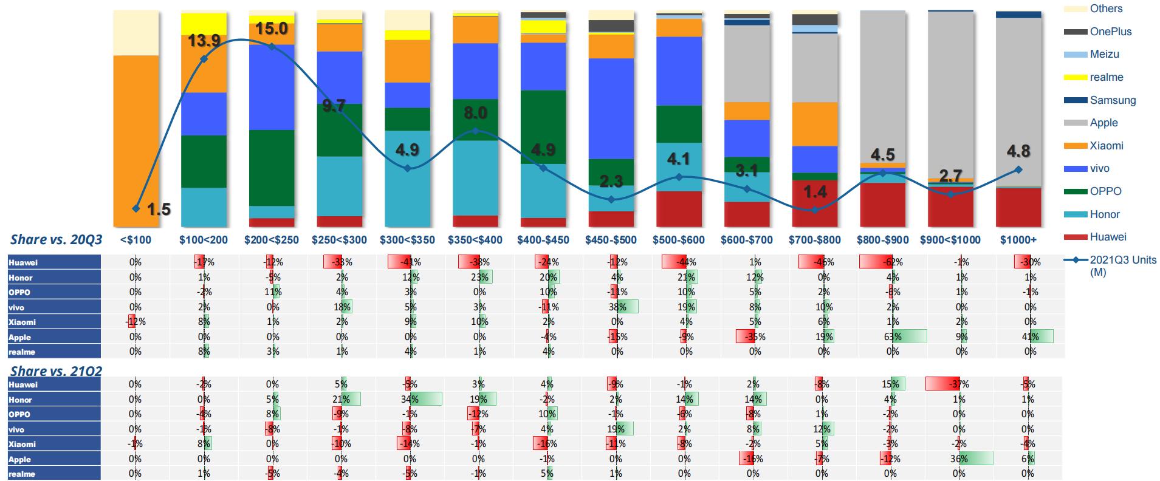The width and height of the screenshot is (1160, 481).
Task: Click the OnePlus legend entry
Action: tap(1110, 32)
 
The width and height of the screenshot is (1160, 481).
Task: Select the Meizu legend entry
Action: tap(1103, 54)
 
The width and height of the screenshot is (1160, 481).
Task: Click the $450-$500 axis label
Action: tap(611, 240)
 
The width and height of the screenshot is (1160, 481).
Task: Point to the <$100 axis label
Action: tap(136, 240)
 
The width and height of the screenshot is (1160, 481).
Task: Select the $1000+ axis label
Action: tap(1018, 240)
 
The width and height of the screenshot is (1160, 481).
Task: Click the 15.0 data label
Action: tap(272, 29)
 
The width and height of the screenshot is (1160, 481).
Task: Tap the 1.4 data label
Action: tap(815, 192)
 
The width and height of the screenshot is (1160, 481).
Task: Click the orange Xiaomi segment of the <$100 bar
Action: tap(136, 140)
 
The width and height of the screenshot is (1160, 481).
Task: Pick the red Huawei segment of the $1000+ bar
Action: tap(1018, 206)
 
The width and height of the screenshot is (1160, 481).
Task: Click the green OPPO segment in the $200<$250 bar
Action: tap(272, 168)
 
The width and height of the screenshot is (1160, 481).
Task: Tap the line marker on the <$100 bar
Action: tap(136, 208)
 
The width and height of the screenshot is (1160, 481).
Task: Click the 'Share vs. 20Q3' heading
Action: tap(56, 239)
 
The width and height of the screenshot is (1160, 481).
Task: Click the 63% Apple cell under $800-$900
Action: tap(892, 336)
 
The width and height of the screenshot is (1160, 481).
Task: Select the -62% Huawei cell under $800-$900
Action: tap(892, 262)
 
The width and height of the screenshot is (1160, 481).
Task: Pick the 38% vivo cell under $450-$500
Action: tap(617, 307)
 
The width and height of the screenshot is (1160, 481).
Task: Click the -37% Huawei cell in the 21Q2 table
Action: tap(959, 384)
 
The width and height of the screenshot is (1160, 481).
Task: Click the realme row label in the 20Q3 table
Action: tap(22, 352)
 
